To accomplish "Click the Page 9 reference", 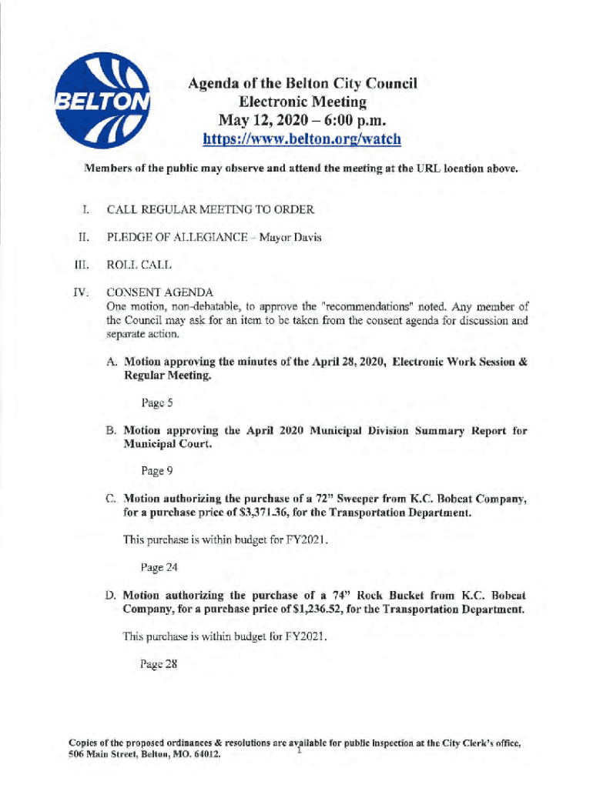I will [155, 470].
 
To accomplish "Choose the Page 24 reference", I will [158, 568].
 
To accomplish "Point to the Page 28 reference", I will [159, 666].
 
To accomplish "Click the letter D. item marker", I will [112, 596].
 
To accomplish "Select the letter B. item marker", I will [112, 431].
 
